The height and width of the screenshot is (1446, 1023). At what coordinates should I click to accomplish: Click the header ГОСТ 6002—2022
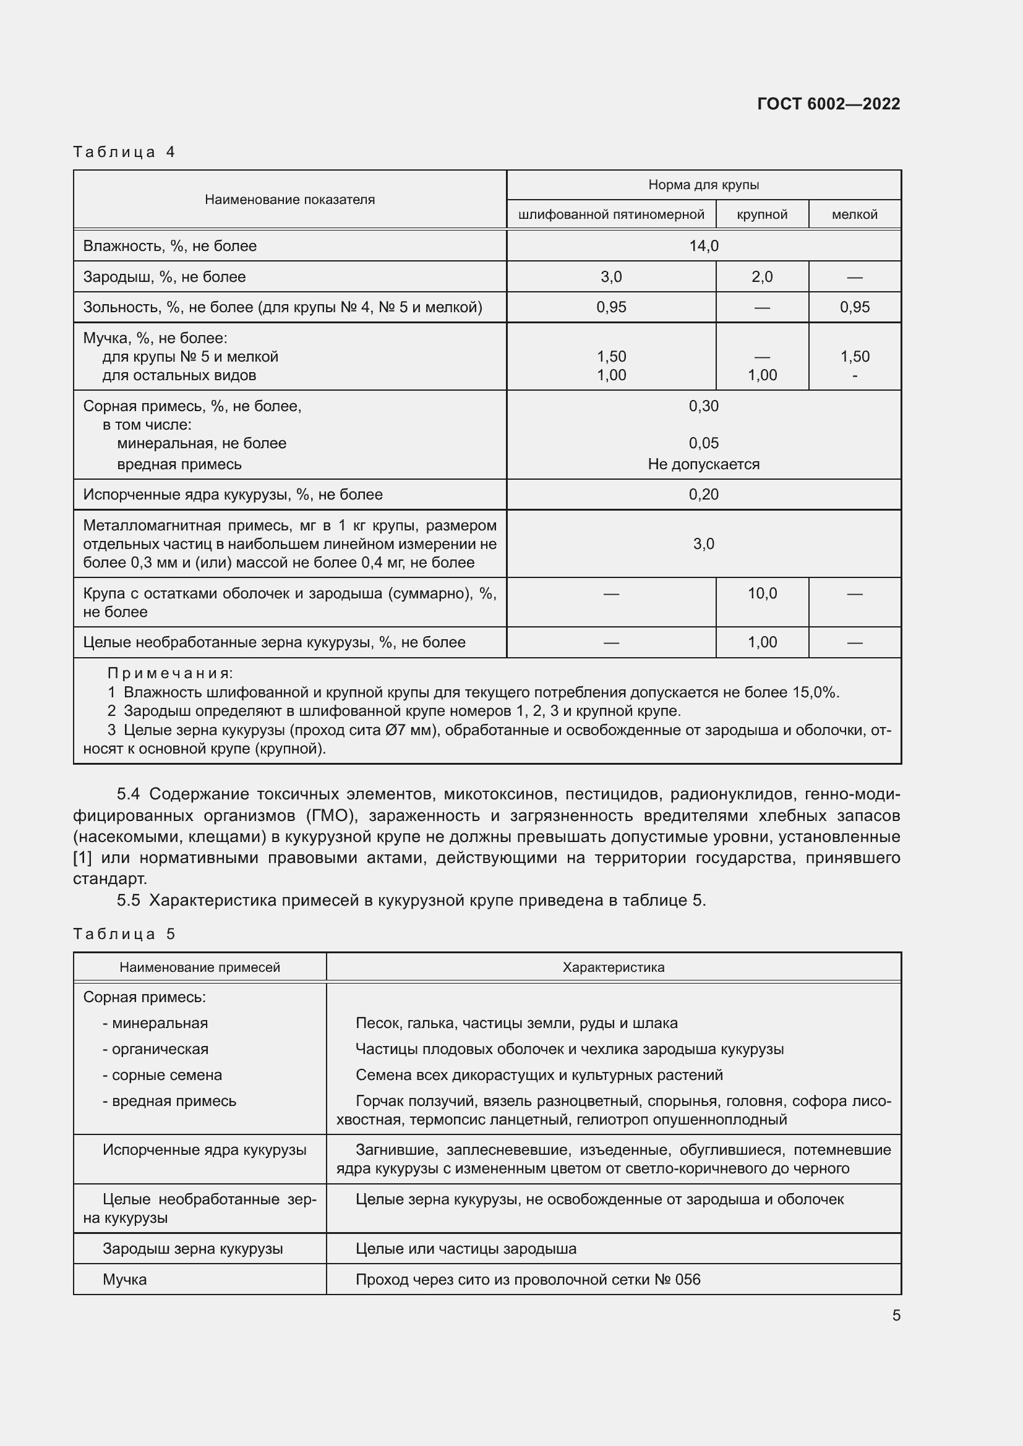828,104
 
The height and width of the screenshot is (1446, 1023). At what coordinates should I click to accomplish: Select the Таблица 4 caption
124,152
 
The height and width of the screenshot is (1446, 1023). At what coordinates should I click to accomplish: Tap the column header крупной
761,215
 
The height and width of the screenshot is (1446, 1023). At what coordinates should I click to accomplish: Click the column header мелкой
854,215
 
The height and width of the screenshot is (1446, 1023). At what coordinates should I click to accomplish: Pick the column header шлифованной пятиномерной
611,215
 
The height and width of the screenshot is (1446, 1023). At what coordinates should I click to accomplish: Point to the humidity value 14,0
704,245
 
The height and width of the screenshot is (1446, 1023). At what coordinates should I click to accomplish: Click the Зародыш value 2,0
761,276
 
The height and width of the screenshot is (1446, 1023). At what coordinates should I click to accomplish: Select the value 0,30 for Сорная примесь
704,406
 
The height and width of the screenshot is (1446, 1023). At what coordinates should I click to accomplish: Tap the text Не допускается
704,464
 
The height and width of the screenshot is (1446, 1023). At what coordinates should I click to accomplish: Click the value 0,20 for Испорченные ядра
704,495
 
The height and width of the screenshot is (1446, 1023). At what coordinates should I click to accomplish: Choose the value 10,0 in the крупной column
761,593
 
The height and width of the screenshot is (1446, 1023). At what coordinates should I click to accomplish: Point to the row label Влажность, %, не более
170,245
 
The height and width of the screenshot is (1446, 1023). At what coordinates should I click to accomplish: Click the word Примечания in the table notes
170,673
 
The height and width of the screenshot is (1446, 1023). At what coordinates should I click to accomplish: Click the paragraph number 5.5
129,900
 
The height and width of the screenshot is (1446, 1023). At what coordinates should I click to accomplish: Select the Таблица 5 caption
124,934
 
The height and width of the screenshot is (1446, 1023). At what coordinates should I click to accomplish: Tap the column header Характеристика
613,968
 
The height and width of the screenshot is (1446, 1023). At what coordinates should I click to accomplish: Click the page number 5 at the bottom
896,1315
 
